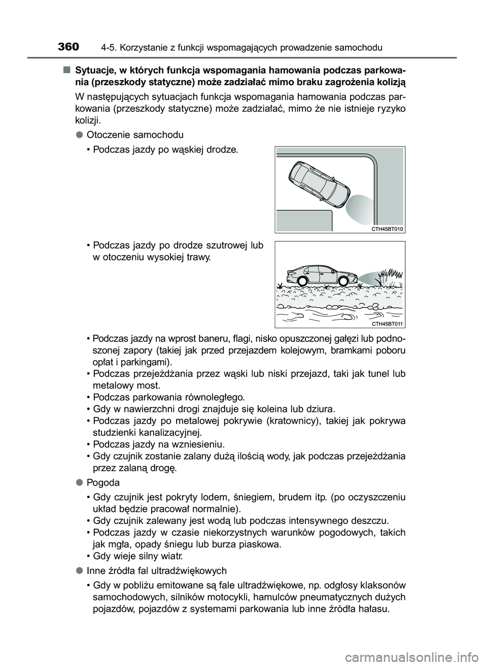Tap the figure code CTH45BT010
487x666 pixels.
point(387,229)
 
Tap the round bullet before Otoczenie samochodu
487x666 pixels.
point(80,135)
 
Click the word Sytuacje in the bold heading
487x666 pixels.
point(93,69)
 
